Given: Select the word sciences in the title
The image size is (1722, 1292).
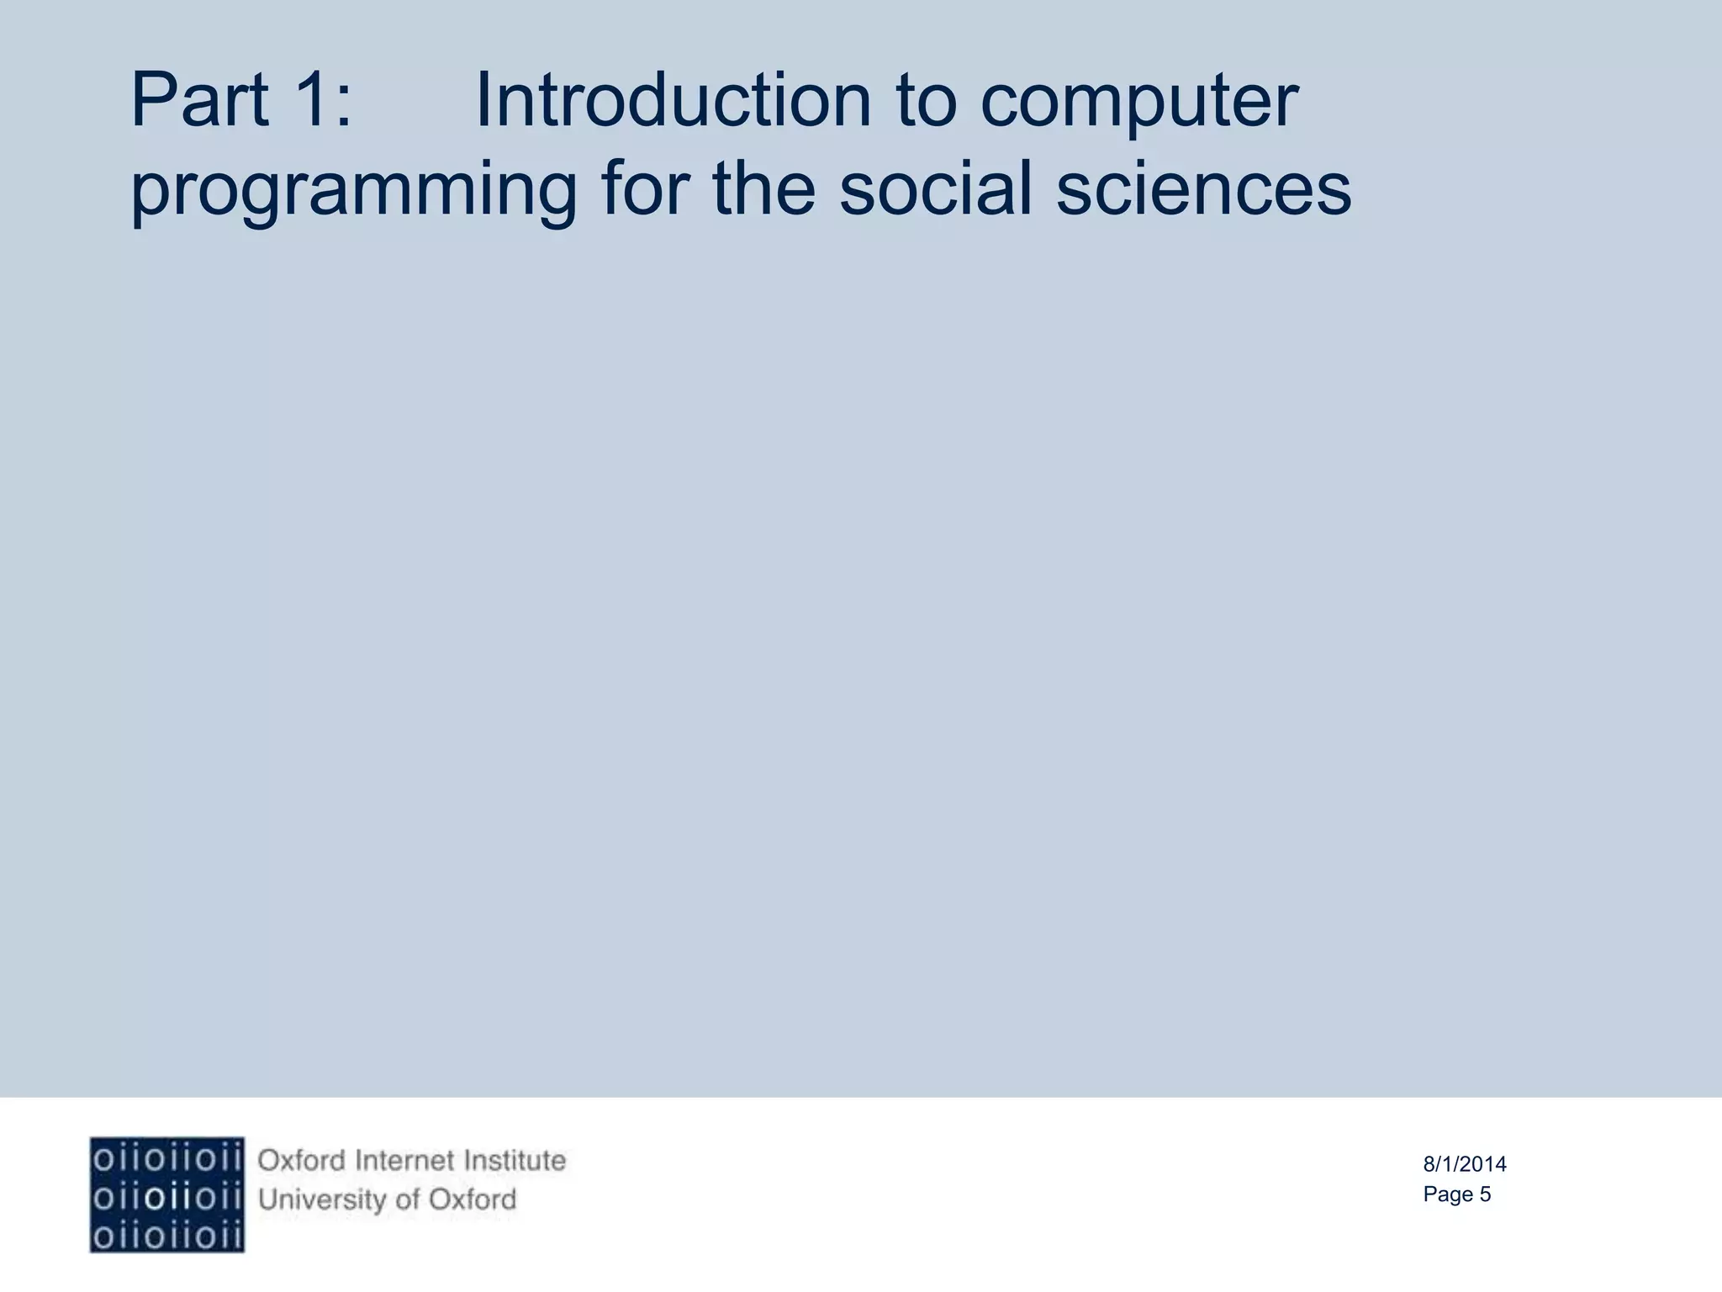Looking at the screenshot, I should click(x=1203, y=189).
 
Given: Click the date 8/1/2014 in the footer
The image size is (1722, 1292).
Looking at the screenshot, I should click(x=1465, y=1164).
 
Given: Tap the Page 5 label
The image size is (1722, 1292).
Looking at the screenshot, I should click(x=1456, y=1194).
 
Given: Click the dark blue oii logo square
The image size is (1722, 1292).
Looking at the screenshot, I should click(x=167, y=1194).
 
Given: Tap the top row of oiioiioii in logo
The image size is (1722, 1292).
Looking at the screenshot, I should click(x=167, y=1160).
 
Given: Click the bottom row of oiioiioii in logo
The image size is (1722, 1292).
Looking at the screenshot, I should click(x=167, y=1236).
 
